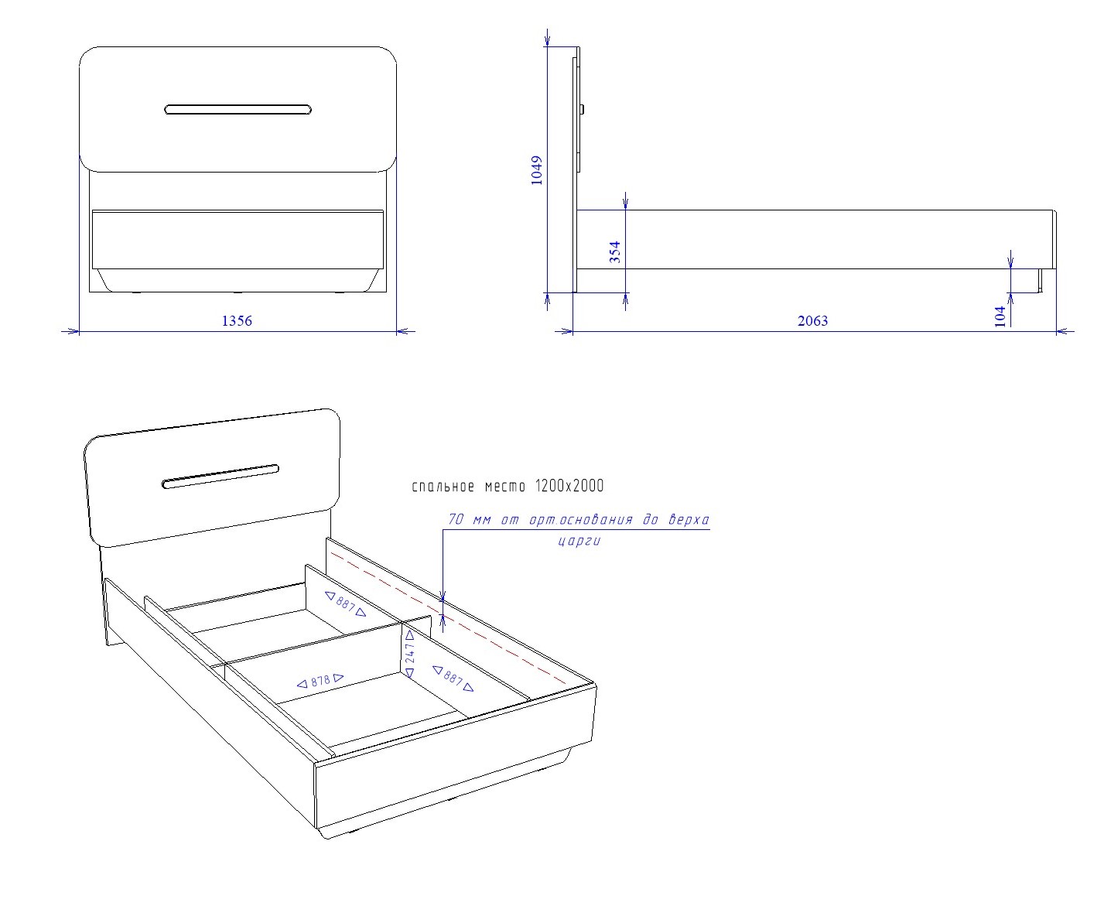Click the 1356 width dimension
click(237, 320)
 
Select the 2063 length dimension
click(812, 320)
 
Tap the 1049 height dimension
click(537, 170)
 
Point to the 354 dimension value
click(615, 252)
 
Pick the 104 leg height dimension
click(1000, 316)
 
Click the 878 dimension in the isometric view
click(320, 681)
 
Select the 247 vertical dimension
click(410, 654)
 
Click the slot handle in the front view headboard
click(238, 110)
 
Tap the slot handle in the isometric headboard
click(220, 477)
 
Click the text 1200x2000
click(569, 486)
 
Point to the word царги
click(579, 542)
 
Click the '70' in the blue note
click(456, 519)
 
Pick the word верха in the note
click(689, 520)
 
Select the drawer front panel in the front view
click(238, 240)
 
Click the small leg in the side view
click(1040, 280)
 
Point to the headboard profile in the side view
click(577, 169)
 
